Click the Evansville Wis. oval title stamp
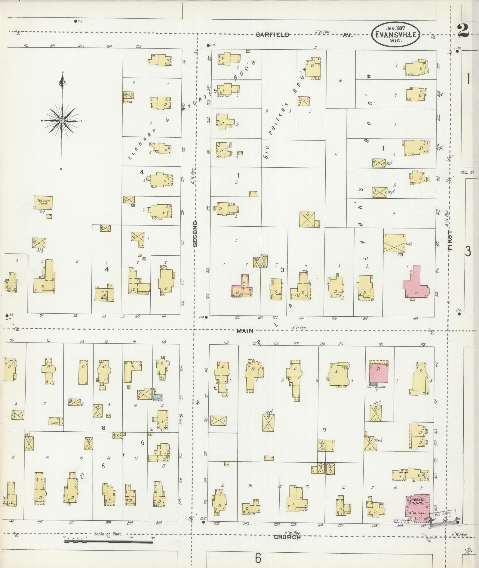pos(395,34)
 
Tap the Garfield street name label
pos(272,35)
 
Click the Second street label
pos(195,234)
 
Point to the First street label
pos(450,241)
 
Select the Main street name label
pos(245,331)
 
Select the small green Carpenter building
pos(158,398)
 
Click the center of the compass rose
pos(62,121)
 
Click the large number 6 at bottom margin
pos(258,558)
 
